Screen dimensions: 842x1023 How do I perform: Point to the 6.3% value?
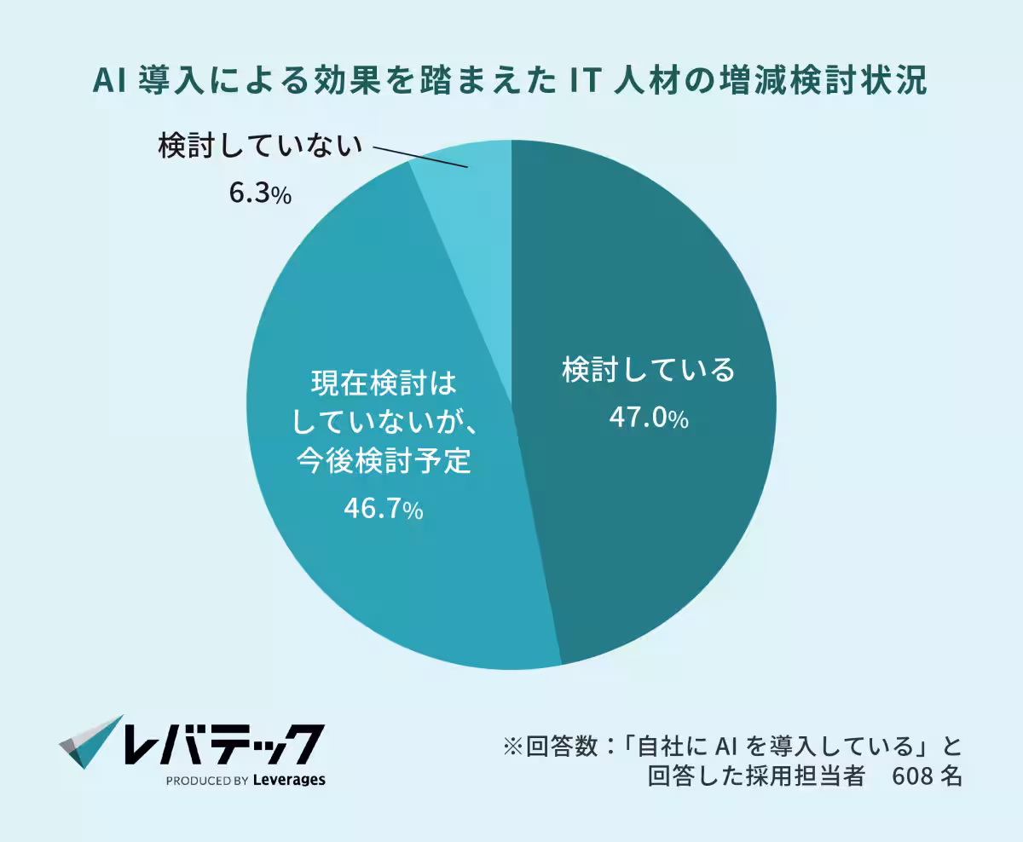pos(259,193)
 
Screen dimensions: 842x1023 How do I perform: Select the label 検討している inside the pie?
pos(648,371)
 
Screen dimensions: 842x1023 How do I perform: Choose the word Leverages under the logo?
pos(289,779)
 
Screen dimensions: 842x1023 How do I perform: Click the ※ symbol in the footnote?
pos(511,747)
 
